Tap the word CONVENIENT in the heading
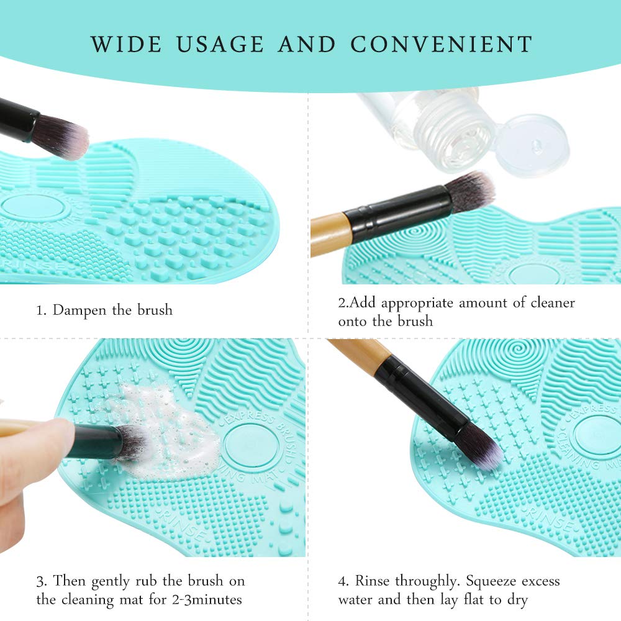[442, 44]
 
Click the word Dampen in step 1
[81, 310]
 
